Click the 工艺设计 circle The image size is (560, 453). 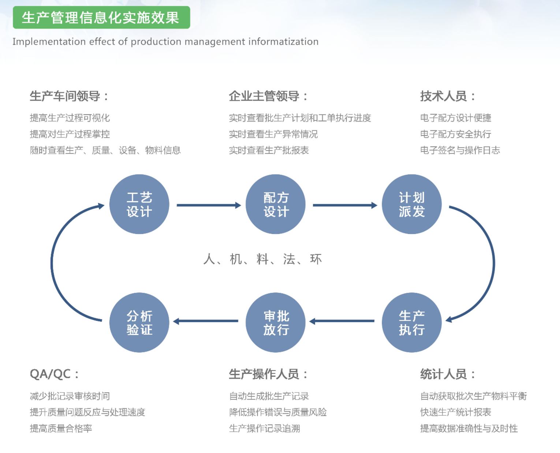pos(139,204)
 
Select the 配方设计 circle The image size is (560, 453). pos(276,204)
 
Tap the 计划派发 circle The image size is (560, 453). pos(412,204)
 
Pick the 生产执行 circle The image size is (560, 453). pos(412,323)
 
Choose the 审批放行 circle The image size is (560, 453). pos(276,323)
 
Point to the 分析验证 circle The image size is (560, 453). pos(139,323)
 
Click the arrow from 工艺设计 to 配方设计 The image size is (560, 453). pos(209,205)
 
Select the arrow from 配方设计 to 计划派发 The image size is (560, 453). pos(345,205)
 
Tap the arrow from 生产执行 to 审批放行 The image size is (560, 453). pos(342,321)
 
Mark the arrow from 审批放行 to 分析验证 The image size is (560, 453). pos(206,321)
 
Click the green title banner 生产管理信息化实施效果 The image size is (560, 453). pos(101,17)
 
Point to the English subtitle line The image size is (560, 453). pos(165,41)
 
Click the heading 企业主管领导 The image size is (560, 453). pos(268,96)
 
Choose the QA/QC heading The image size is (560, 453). pos(54,374)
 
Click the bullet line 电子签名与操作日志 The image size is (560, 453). pos(460,150)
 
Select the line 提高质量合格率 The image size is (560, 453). pos(61,428)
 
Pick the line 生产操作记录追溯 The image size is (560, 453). pos(265,428)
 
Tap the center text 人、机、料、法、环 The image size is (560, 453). pos(263,259)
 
